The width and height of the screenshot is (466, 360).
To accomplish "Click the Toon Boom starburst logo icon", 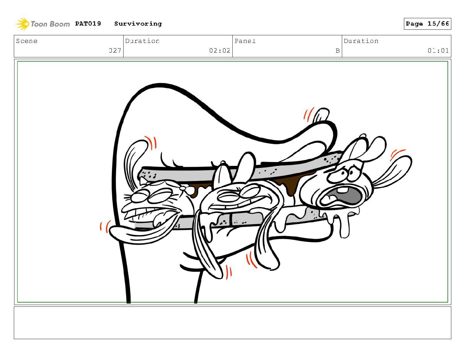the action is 22,24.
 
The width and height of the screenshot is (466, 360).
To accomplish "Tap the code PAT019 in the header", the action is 88,23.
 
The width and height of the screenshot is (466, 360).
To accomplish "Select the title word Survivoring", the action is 138,24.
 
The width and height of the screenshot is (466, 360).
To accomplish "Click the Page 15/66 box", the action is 427,24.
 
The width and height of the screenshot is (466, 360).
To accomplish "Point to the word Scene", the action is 26,41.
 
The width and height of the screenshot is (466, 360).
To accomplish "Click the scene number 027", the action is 115,51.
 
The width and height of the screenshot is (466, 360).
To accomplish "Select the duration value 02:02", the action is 219,51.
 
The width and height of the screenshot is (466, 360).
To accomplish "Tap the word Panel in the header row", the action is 245,41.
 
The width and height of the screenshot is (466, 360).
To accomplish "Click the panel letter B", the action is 337,51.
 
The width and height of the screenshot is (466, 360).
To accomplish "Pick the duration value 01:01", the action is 438,51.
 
